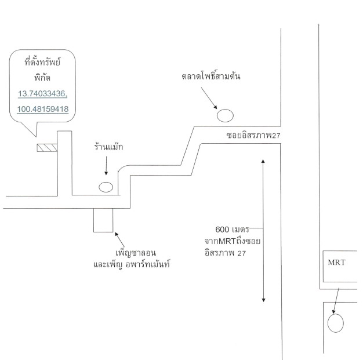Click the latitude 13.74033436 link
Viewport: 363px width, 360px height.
[42, 94]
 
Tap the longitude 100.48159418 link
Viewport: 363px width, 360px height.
[43, 109]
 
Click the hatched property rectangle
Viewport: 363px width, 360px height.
[47, 148]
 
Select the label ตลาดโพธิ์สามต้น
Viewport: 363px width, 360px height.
[210, 76]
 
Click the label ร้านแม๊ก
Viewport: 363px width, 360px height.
[108, 147]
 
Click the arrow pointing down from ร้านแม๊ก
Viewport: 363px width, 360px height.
[106, 166]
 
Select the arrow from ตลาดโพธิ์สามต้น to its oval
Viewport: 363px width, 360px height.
[209, 98]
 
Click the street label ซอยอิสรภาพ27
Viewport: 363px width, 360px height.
[253, 136]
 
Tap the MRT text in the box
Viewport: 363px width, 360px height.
[336, 262]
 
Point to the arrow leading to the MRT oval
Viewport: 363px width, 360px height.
[336, 301]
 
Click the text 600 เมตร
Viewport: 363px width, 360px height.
[232, 229]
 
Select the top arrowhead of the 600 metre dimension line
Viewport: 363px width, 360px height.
[263, 161]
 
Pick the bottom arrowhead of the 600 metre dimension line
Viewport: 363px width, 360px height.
[263, 300]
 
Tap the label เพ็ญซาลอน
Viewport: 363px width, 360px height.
[136, 252]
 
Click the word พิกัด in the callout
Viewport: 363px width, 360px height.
[42, 77]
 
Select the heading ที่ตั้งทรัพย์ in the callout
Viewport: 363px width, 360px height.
[42, 62]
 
